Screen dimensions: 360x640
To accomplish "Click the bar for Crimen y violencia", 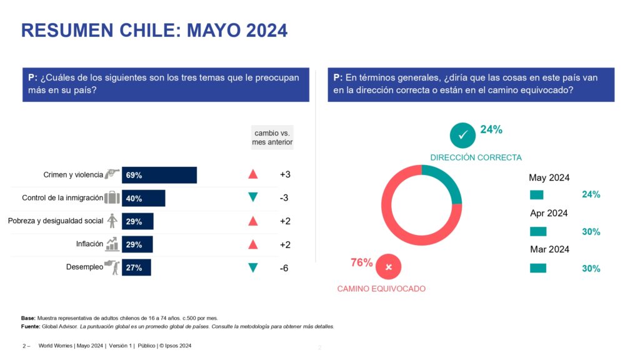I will pos(159,175).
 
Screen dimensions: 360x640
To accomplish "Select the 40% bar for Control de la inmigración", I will pos(144,198).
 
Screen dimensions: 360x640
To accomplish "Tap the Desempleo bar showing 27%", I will pos(136,267).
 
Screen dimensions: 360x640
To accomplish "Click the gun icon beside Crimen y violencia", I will pos(112,174).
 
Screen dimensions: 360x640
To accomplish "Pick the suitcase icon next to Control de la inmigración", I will pos(112,198).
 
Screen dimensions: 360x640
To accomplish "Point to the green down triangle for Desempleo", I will pos(252,267).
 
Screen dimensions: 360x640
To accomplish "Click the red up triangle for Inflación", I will pos(252,244).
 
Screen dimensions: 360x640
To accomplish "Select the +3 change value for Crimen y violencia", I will pos(285,174).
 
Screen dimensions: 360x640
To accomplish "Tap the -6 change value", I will pos(284,268).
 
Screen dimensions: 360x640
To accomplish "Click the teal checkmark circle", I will pos(463,134).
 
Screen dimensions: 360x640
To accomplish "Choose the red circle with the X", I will pos(389,267).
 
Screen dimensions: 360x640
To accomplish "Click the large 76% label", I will pos(361,262).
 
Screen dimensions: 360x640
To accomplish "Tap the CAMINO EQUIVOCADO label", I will pos(381,289).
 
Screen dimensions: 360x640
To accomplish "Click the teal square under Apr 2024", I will pos(537,231).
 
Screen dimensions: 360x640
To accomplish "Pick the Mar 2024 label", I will pos(549,249).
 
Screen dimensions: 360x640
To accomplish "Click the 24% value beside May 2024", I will pos(591,194).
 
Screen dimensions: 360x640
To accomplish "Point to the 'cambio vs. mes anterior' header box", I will pos(272,137).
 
